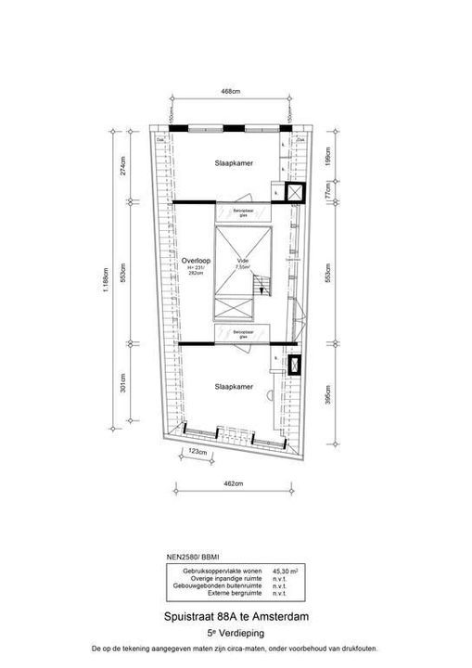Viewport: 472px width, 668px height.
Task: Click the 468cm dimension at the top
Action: click(232, 91)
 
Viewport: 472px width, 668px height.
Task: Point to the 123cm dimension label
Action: click(196, 452)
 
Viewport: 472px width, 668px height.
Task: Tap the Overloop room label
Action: click(196, 262)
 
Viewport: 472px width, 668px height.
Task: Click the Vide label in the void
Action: click(243, 263)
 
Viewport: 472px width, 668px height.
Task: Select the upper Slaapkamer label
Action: click(232, 163)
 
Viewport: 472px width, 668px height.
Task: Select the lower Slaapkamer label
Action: click(231, 386)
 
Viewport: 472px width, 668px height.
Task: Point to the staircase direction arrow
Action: click(262, 290)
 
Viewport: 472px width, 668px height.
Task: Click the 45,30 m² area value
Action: click(284, 572)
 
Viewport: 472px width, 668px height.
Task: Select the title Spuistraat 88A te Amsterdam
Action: click(236, 616)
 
